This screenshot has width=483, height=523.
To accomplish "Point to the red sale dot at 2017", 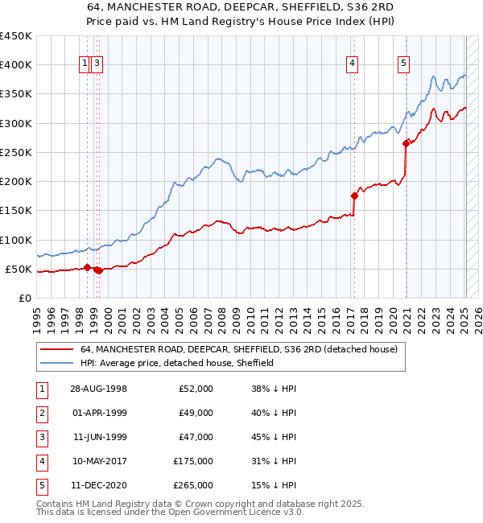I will pos(354,196).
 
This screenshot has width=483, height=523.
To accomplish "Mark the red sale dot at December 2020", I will pos(406,144).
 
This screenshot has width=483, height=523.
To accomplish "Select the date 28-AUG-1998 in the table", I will pos(98,389).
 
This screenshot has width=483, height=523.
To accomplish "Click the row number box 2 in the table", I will pos(41,413).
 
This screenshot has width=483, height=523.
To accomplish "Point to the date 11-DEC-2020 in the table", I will pos(98,485).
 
